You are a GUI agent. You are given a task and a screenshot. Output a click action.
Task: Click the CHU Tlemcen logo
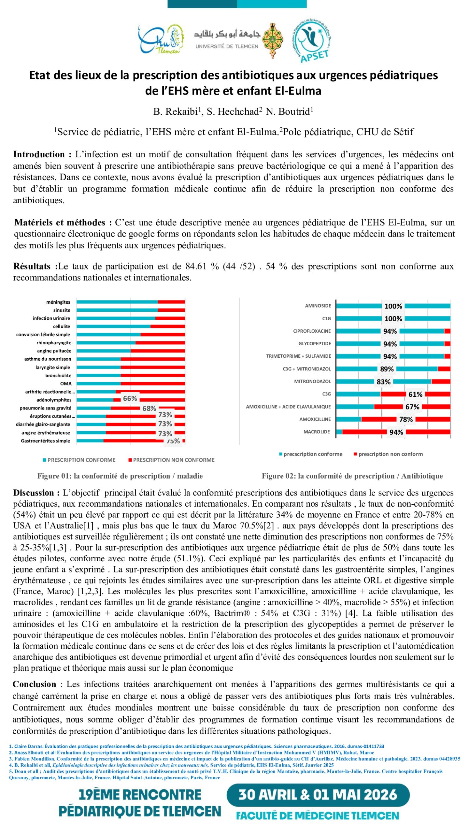[x=161, y=40]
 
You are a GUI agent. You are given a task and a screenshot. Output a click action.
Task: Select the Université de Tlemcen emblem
[x=273, y=40]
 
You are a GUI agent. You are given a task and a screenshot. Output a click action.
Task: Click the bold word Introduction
[x=39, y=154]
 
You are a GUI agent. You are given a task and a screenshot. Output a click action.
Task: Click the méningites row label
[x=58, y=302]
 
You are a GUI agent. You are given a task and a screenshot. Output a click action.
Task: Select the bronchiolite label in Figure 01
[x=58, y=375]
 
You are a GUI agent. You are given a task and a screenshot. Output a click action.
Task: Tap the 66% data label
[x=130, y=398]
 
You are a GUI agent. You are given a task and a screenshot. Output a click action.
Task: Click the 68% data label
[x=149, y=408]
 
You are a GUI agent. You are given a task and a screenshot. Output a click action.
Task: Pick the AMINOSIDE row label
[x=318, y=306]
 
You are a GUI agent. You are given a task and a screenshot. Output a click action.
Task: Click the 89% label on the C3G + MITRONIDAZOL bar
[x=387, y=369]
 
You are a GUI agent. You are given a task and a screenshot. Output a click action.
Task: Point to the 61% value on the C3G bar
[x=415, y=394]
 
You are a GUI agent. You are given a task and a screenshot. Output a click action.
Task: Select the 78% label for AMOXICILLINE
[x=406, y=419]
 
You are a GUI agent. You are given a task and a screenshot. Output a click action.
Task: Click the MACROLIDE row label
[x=317, y=432]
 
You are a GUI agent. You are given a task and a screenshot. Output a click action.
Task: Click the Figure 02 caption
[x=352, y=476]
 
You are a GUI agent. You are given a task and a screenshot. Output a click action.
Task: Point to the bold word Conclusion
[x=35, y=684]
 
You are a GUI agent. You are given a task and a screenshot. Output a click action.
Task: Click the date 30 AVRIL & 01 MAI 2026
[x=318, y=795]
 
